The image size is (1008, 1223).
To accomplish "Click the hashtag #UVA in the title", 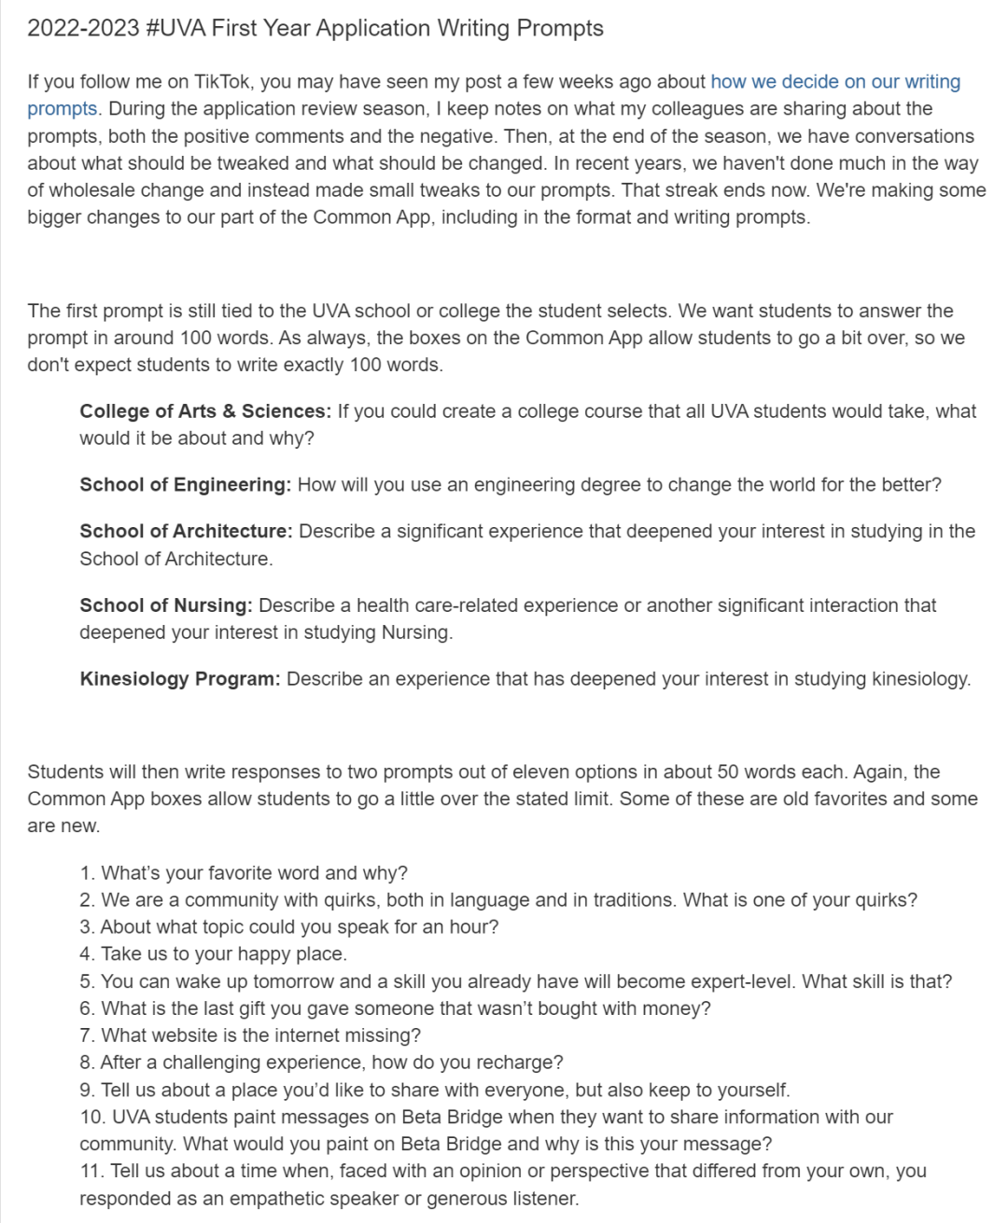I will (x=175, y=28).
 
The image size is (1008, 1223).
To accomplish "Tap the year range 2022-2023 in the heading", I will (x=82, y=28).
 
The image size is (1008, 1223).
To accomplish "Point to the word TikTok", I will (x=222, y=82).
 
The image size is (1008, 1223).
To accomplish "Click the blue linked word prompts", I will (x=62, y=109).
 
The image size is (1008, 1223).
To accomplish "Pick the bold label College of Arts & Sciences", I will (x=205, y=411).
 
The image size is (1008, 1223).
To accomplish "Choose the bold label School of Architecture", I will (x=186, y=532).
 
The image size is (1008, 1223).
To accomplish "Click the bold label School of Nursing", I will (x=166, y=605).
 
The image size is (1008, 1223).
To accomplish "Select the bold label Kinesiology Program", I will (x=179, y=679).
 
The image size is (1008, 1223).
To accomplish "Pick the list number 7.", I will (x=87, y=1035).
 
